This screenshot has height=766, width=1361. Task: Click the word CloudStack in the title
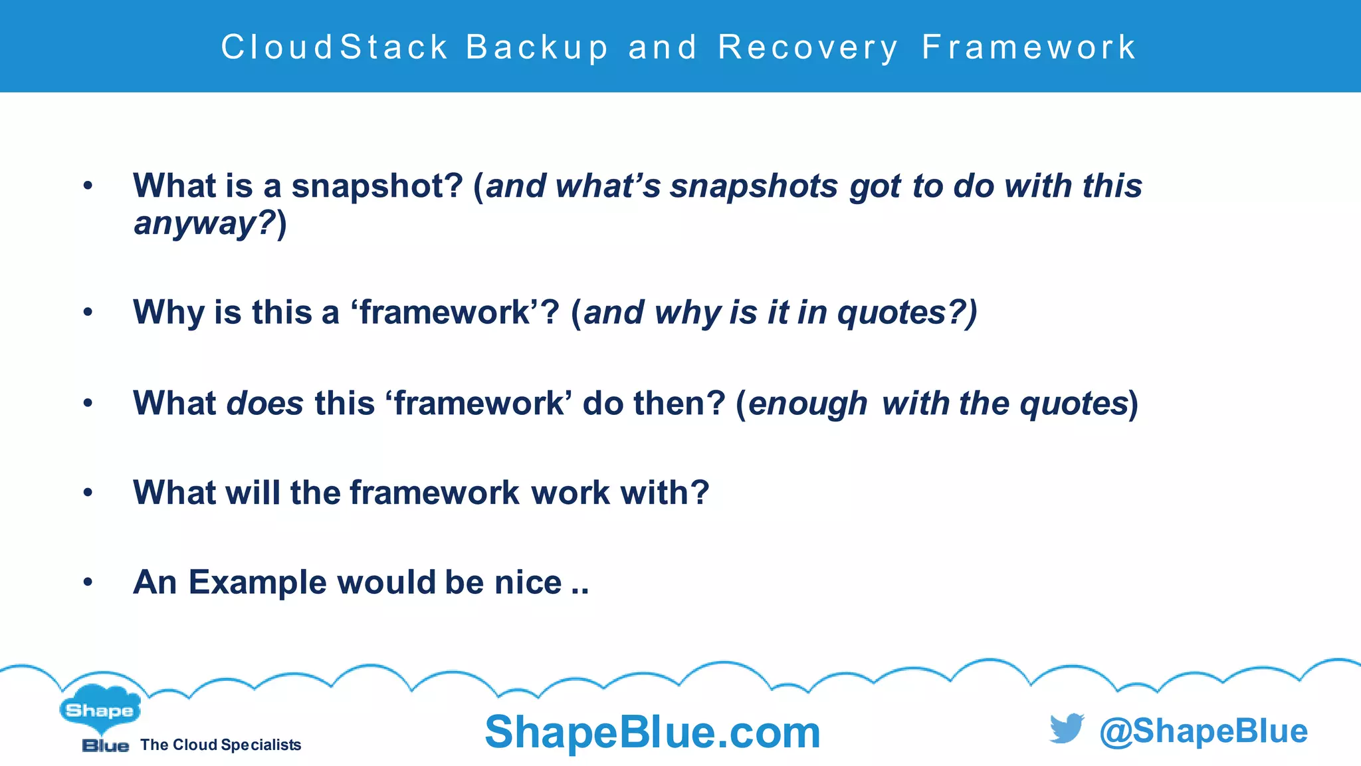point(334,48)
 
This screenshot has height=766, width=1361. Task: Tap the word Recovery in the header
point(808,48)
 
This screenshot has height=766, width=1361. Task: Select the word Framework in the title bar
point(1029,48)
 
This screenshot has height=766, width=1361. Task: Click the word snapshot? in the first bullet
point(377,186)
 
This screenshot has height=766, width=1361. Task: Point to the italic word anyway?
point(205,223)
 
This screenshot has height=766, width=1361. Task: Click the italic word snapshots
point(754,186)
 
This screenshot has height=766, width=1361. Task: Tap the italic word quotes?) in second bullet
point(907,312)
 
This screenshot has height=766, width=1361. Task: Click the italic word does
point(265,403)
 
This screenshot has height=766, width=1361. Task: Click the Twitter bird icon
point(1067,729)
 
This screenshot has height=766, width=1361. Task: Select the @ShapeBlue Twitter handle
point(1204,731)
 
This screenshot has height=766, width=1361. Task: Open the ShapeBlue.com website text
point(653,732)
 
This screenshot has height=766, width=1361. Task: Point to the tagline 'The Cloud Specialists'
point(221,745)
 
